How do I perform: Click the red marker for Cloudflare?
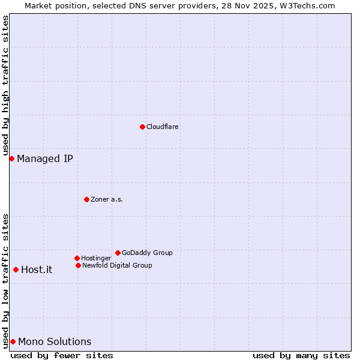click(142, 127)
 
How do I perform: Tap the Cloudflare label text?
click(163, 127)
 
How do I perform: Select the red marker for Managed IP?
click(11, 158)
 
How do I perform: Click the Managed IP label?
click(45, 159)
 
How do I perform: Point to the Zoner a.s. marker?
click(86, 199)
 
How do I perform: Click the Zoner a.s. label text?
click(107, 200)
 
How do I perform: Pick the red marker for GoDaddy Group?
click(118, 253)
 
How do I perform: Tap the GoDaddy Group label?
click(147, 253)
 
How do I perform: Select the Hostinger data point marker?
click(77, 258)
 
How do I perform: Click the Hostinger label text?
click(96, 259)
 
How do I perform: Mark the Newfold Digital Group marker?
click(78, 265)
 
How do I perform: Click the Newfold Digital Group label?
click(117, 266)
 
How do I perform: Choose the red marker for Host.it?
click(16, 269)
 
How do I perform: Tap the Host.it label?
click(37, 270)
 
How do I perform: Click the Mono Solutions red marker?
click(13, 341)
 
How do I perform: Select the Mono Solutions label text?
click(55, 342)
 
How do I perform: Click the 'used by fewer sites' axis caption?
click(62, 355)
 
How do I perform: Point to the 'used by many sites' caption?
click(301, 355)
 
